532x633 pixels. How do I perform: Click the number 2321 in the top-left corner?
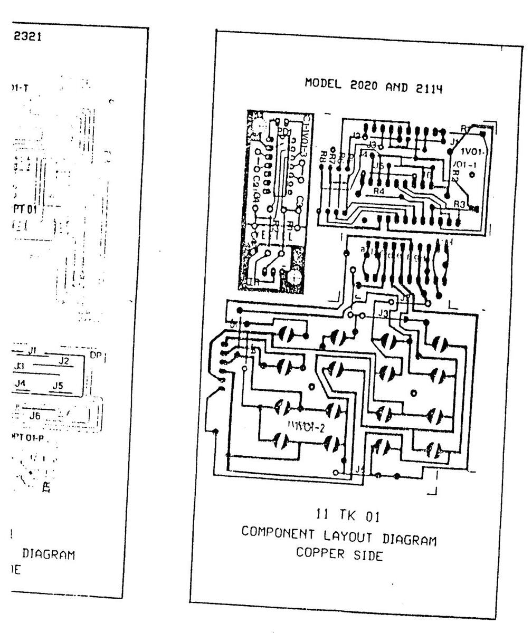click(25, 37)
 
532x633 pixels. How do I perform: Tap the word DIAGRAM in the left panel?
click(47, 554)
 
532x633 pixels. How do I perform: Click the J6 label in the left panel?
click(35, 416)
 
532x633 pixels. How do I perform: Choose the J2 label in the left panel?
click(64, 361)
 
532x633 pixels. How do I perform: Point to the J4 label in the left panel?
click(21, 383)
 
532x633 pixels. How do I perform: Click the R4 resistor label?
click(378, 191)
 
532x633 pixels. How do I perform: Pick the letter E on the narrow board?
click(264, 236)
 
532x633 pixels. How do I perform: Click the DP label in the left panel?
click(96, 356)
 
